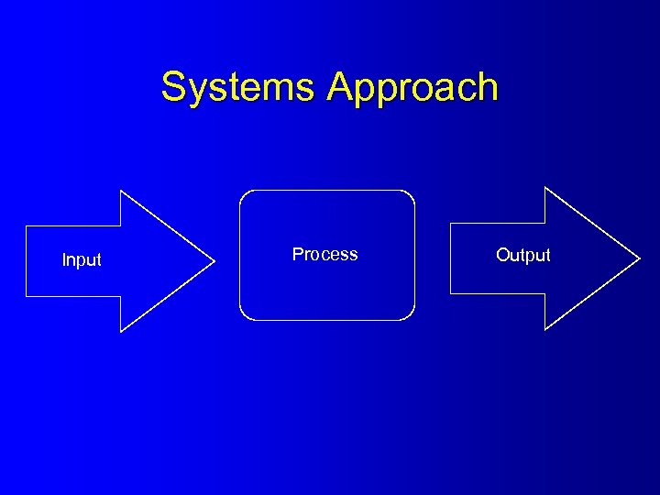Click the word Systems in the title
pos(240,88)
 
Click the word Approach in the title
pos(412,88)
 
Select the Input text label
pos(82,260)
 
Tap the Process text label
pos(324,255)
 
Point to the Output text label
pos(523,256)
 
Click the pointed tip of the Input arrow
pos(214,261)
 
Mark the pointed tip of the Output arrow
pos(640,258)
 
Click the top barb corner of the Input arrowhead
pos(121,191)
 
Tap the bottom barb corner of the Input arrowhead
pos(121,331)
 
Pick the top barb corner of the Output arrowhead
pos(545,187)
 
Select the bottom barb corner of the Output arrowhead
pos(545,328)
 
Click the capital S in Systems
pos(172,88)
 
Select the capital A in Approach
pos(341,87)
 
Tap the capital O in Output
pos(502,256)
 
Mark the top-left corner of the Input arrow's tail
pos(26,225)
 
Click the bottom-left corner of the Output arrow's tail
pos(450,293)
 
